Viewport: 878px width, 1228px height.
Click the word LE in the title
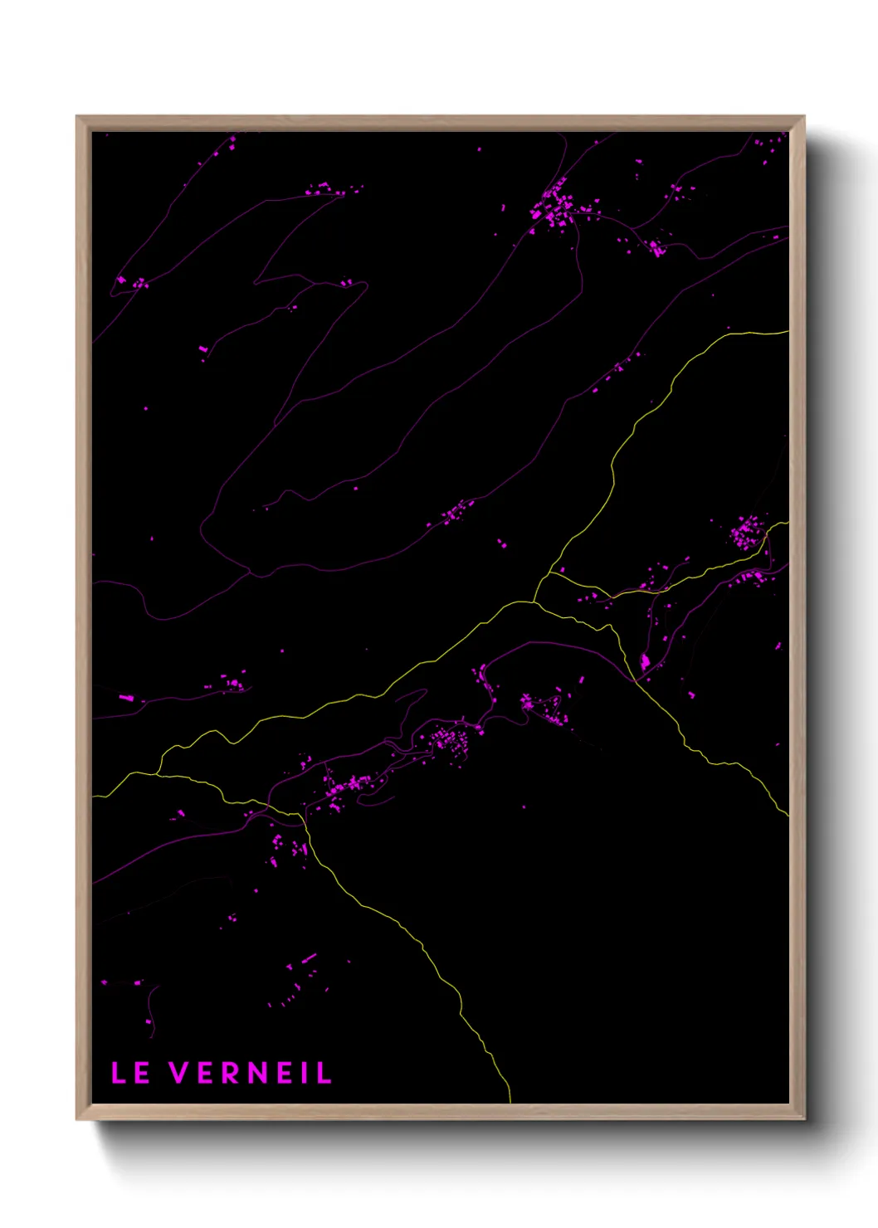[130, 1073]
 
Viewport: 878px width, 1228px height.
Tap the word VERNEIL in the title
[251, 1073]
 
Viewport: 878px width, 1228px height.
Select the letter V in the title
[181, 1073]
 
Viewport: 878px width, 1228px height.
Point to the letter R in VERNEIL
[230, 1073]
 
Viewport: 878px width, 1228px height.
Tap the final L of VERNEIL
[324, 1073]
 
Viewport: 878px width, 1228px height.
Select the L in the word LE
[119, 1073]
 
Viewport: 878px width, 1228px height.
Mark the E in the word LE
[142, 1073]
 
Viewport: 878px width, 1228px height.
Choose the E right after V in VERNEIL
[206, 1073]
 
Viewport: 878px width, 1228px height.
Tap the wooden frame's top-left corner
[78, 118]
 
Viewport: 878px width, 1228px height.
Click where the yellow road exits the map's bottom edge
[510, 1101]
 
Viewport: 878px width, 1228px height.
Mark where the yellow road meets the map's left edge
[94, 797]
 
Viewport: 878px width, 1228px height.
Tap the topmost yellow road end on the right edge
[787, 332]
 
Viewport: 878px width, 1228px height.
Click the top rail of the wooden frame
[440, 123]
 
